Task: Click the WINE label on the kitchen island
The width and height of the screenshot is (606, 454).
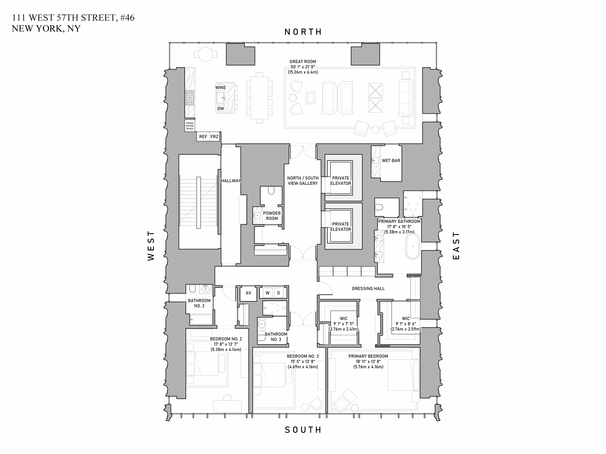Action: point(221,88)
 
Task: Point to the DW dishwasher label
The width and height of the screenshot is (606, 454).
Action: point(221,109)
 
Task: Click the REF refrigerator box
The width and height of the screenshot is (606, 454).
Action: point(203,137)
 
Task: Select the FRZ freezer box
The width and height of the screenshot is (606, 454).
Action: point(214,137)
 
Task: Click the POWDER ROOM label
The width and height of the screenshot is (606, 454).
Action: point(272,216)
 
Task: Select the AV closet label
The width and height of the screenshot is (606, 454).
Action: point(248,293)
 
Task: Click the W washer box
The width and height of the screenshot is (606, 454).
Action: point(267,293)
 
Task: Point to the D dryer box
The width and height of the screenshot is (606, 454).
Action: point(279,293)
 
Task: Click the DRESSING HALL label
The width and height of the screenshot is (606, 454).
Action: point(368,288)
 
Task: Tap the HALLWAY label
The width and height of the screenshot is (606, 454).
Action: point(231,181)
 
